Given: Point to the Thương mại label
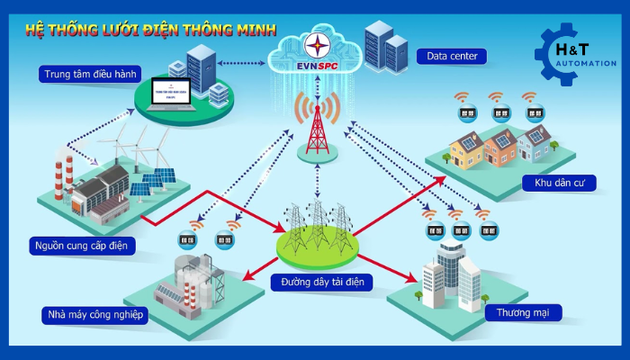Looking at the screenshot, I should tap(523, 313).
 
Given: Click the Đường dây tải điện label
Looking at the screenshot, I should tap(319, 282).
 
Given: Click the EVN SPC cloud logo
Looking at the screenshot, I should tap(316, 55).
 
